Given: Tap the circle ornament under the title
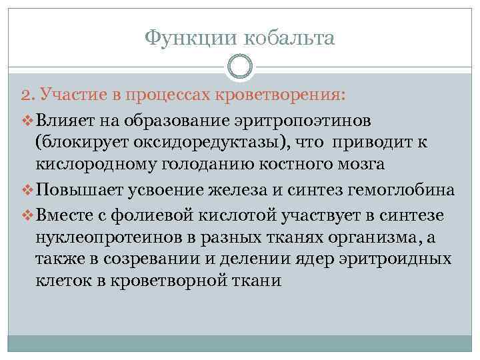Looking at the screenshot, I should [x=240, y=67].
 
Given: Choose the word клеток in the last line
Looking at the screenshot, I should [x=63, y=281].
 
